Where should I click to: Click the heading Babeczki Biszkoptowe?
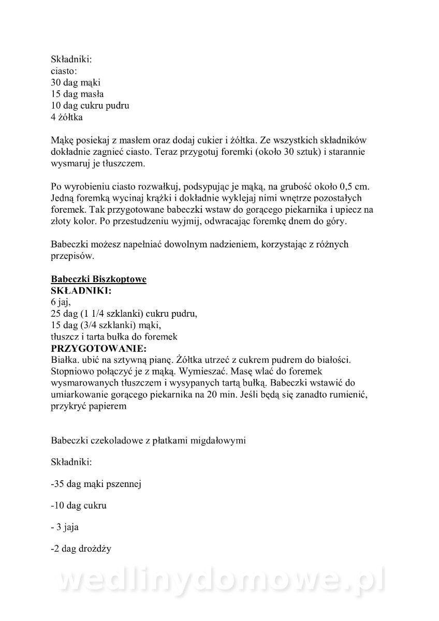pyautogui.click(x=98, y=279)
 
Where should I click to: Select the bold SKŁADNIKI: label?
pyautogui.click(x=81, y=291)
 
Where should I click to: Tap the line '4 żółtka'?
pyautogui.click(x=67, y=117)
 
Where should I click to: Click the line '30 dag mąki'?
pyautogui.click(x=76, y=83)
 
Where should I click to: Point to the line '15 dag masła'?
pyautogui.click(x=77, y=94)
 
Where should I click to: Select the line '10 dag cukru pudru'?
pyautogui.click(x=90, y=106)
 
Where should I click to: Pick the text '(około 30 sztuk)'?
pyautogui.click(x=265, y=152)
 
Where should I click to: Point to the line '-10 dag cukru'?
pyautogui.click(x=79, y=506)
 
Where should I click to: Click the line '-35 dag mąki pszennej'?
pyautogui.click(x=96, y=484)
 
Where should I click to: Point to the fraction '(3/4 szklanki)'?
pyautogui.click(x=105, y=325)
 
